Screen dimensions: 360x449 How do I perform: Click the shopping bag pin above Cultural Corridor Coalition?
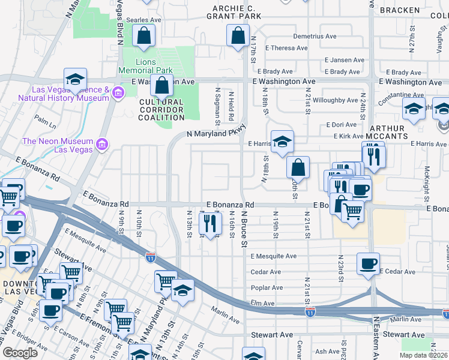coord(161,86)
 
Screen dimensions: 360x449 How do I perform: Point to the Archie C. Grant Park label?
coord(238,12)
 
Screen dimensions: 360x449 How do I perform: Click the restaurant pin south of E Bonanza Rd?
coord(209,224)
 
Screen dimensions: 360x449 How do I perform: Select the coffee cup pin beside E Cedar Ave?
coord(368,263)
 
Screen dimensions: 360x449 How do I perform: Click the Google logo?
coord(20,352)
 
